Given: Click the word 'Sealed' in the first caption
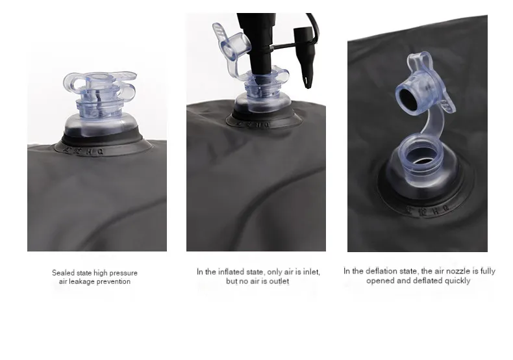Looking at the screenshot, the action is coord(63,273).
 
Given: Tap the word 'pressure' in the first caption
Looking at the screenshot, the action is coord(123,273).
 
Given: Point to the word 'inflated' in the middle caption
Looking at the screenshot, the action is coord(231,272).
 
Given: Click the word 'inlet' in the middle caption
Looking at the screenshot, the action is coord(311,272).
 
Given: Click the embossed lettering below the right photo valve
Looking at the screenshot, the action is coord(428,210).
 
